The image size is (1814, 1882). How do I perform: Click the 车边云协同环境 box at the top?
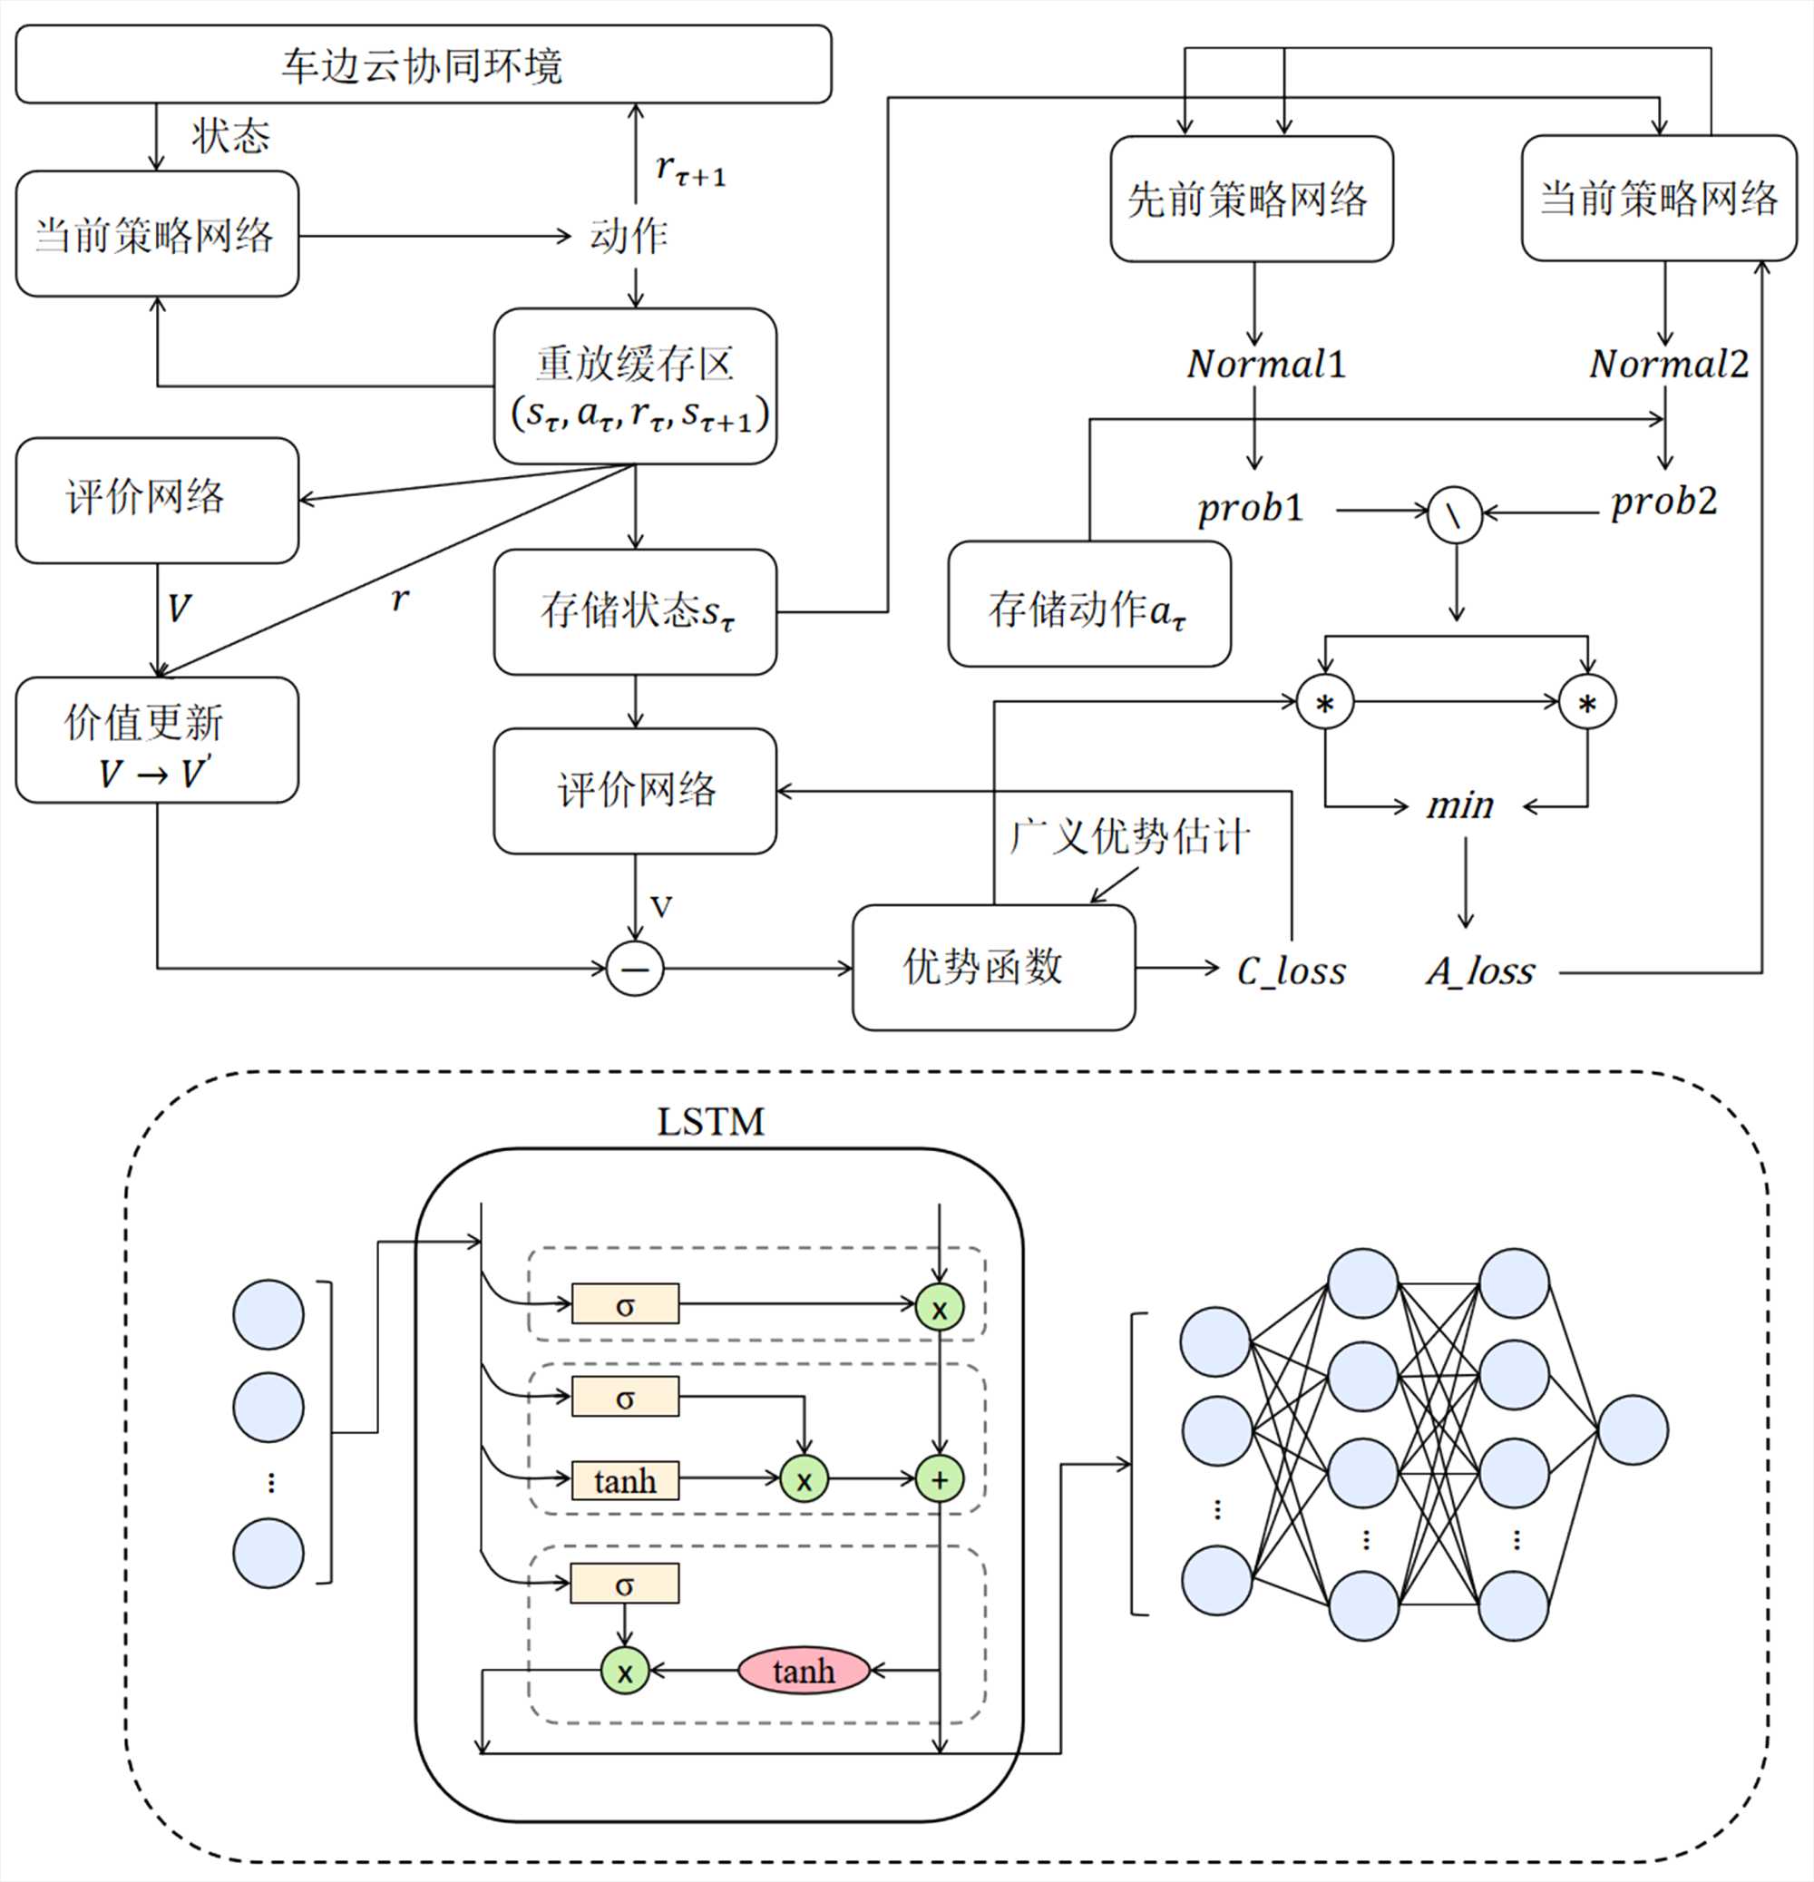click(x=423, y=64)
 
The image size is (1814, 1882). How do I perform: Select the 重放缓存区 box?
click(x=635, y=386)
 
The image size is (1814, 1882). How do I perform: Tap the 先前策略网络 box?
click(x=1252, y=199)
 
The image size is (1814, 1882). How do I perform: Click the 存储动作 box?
click(x=1089, y=605)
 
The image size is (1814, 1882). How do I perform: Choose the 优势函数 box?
click(x=993, y=967)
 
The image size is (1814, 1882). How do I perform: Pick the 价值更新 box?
click(x=157, y=740)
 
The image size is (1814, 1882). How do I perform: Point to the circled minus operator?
click(x=635, y=968)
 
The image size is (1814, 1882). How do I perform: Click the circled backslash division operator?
click(x=1455, y=514)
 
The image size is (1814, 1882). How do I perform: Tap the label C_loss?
click(x=1291, y=970)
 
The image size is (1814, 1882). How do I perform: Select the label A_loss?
click(x=1480, y=970)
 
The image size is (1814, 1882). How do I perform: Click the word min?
click(x=1460, y=805)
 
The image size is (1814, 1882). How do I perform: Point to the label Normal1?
click(x=1265, y=364)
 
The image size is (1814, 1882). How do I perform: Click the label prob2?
click(x=1663, y=502)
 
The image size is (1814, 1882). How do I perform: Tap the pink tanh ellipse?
click(x=803, y=1671)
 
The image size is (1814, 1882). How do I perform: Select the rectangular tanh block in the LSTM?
click(x=625, y=1479)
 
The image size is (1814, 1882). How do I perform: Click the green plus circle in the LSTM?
click(x=939, y=1479)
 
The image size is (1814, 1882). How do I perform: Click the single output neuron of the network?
click(x=1633, y=1429)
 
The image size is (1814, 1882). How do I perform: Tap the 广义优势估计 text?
click(x=1129, y=836)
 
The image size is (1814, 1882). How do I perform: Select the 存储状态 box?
click(x=635, y=611)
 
